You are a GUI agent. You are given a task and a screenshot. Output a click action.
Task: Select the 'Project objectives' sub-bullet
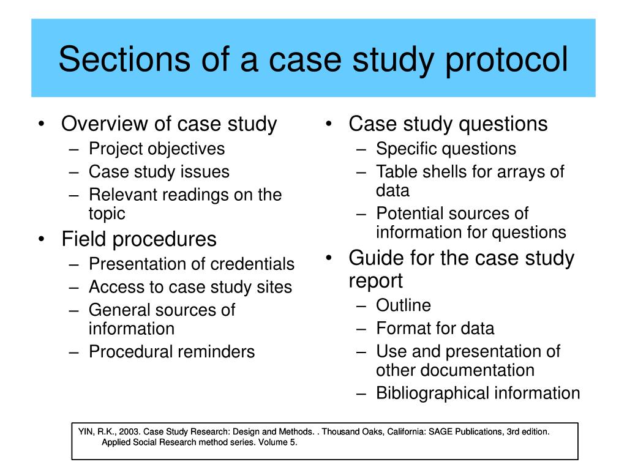tap(157, 149)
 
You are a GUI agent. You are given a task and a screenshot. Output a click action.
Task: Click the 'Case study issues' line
tap(159, 172)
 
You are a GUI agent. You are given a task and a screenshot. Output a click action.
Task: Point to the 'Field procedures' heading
tap(139, 239)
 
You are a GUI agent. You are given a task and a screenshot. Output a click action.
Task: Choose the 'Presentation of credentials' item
tap(192, 264)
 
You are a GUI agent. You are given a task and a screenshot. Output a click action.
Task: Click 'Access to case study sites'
tap(190, 287)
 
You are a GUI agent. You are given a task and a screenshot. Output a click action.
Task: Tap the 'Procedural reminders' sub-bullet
tap(171, 352)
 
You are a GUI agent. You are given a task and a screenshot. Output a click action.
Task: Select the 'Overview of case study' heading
tap(169, 124)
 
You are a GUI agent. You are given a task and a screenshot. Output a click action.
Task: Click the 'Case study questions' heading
tap(448, 124)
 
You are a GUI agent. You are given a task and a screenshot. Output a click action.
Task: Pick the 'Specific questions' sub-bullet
tap(446, 149)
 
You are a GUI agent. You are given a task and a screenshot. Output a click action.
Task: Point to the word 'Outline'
tap(404, 305)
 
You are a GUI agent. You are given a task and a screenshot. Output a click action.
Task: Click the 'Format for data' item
tap(435, 329)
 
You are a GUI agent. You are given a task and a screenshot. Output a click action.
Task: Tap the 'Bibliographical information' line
tap(478, 393)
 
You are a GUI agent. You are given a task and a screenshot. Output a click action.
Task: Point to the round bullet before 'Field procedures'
tap(41, 239)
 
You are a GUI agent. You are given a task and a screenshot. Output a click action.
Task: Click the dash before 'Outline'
tap(361, 305)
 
